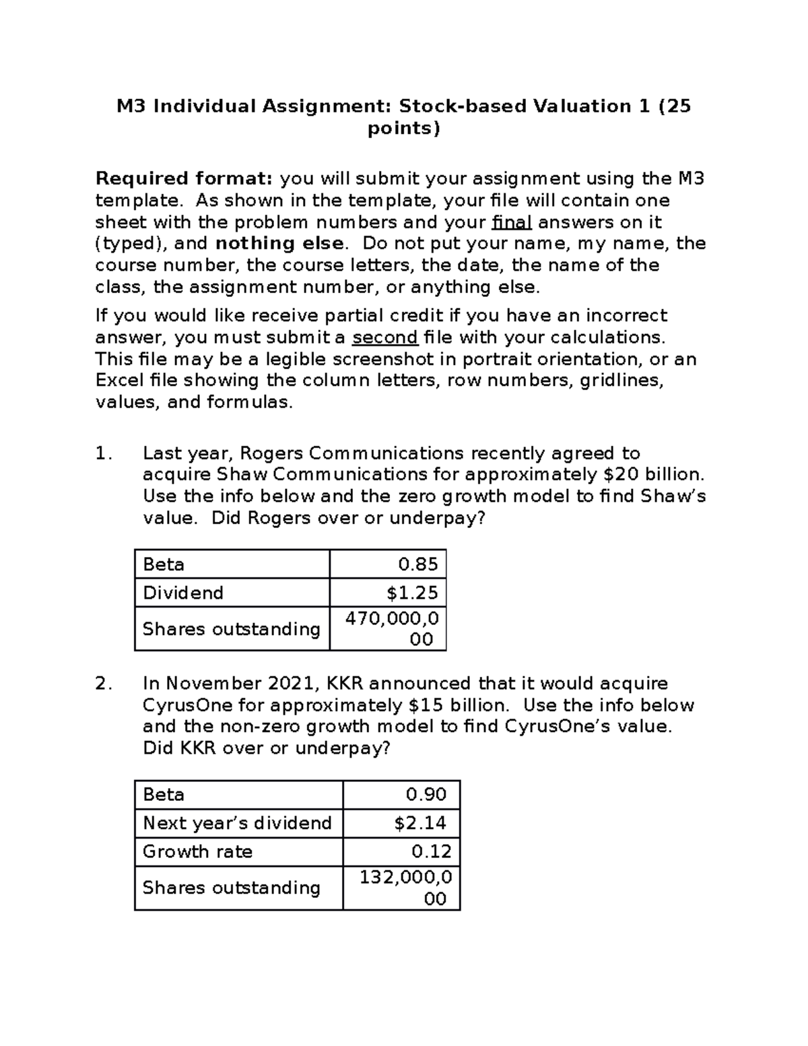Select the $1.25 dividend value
[x=412, y=593]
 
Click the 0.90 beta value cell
[x=426, y=795]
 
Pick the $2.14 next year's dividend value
[x=420, y=823]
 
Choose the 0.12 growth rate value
[x=431, y=851]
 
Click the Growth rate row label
[x=197, y=851]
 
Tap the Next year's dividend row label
[x=237, y=823]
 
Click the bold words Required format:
[x=184, y=178]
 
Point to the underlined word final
[x=512, y=222]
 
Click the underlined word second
[x=385, y=337]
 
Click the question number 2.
[x=103, y=684]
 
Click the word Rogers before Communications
[x=271, y=453]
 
